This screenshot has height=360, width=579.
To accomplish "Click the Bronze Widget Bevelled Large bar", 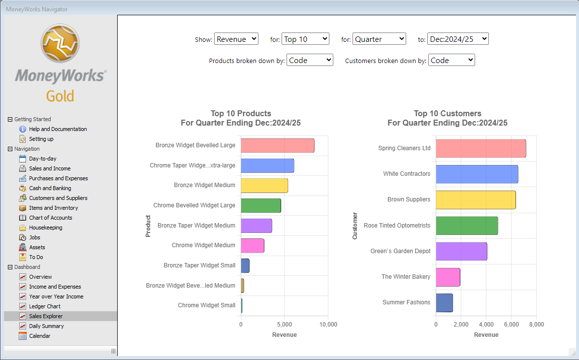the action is tap(278, 145).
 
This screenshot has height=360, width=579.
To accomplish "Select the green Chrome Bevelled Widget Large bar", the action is tap(261, 206).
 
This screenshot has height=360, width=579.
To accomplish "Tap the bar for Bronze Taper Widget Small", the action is tap(245, 265).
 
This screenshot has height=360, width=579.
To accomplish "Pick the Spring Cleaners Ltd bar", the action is tap(481, 148).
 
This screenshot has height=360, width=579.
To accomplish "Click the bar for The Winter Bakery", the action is tap(448, 277).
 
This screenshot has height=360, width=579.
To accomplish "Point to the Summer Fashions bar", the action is tap(444, 303).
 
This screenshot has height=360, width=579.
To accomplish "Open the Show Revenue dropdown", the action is tap(236, 39).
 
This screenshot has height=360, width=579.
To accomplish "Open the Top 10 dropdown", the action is tap(305, 39).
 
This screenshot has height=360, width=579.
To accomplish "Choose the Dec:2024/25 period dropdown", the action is tap(458, 39).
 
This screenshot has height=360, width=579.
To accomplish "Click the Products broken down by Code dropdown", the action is tap(310, 60).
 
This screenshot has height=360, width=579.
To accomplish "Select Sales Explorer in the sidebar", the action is tap(46, 316).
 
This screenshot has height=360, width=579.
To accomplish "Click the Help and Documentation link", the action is tap(58, 129).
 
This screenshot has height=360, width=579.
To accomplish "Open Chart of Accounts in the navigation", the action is tap(51, 218).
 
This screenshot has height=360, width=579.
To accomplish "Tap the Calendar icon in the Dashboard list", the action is tap(23, 336).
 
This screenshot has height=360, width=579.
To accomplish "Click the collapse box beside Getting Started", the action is tap(10, 119).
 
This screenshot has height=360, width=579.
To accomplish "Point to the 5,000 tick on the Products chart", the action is tap(285, 325).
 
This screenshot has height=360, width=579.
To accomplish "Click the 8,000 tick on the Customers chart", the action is tap(537, 325).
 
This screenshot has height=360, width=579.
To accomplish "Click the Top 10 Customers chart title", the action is tap(448, 118).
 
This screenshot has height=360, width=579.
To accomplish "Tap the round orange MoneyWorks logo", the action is tap(60, 43).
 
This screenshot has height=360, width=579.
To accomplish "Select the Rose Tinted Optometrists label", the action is tap(397, 225).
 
